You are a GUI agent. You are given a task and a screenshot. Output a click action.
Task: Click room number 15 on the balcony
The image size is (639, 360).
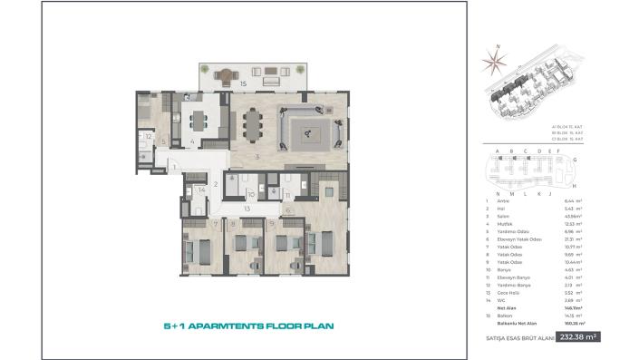(x=243, y=83)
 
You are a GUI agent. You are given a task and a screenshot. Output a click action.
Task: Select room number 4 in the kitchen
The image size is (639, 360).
(x=192, y=141)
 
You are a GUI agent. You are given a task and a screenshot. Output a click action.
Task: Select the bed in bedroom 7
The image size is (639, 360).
(x=200, y=247)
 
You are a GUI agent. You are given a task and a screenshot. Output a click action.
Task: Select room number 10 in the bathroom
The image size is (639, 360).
(x=252, y=193)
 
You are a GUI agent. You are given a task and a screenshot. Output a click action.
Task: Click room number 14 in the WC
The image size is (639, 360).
(x=202, y=190)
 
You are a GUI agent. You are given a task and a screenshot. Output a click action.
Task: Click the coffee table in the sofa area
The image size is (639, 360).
(x=309, y=133)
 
